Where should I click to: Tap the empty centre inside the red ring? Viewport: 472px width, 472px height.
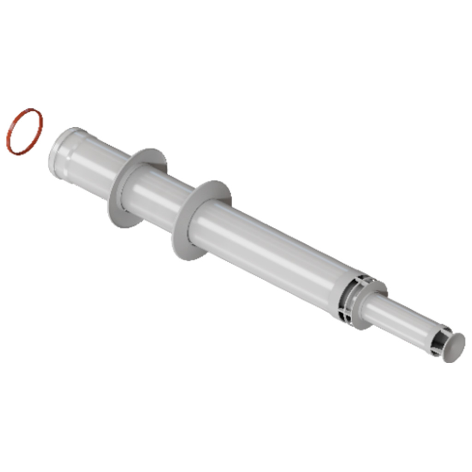[24, 132]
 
